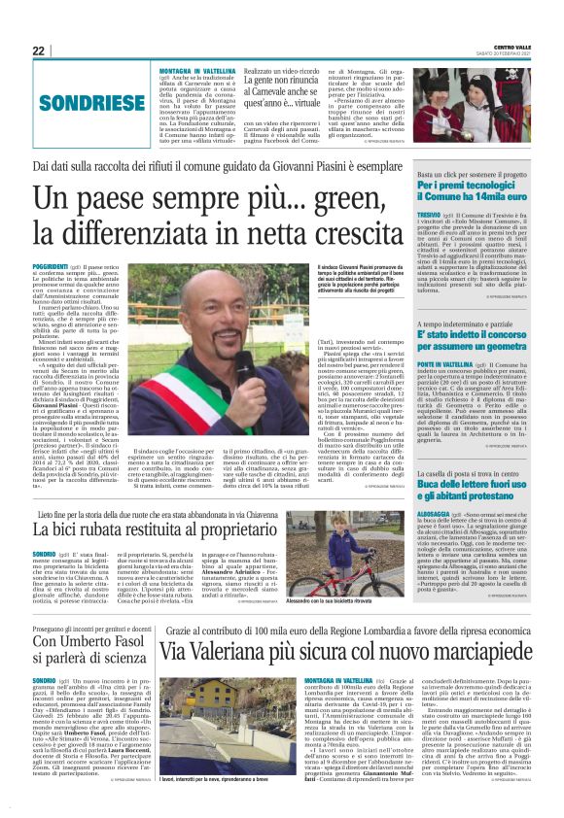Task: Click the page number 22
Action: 38,51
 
